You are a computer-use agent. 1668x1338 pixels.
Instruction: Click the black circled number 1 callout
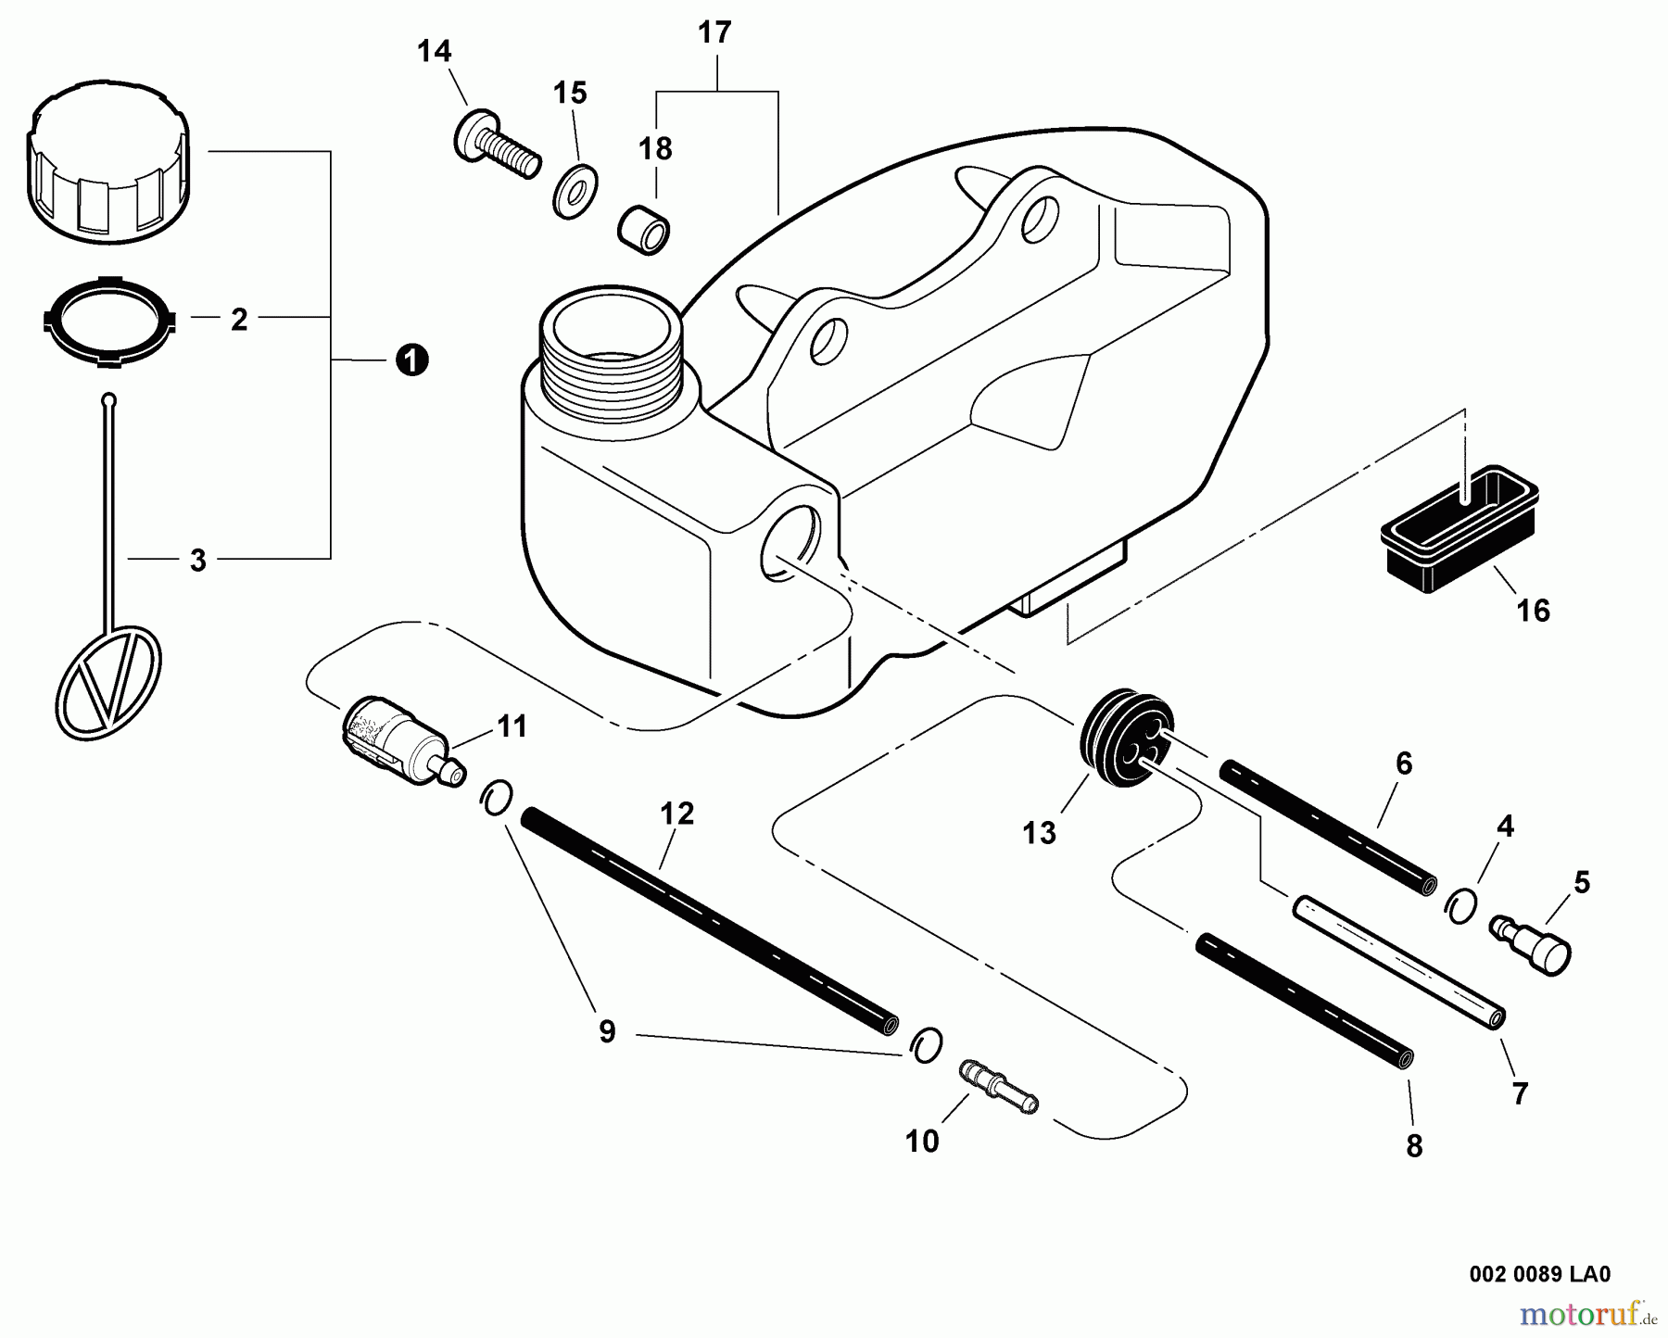pos(411,360)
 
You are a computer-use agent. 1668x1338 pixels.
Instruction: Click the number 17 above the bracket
pos(714,33)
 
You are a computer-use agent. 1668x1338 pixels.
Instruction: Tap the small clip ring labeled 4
pos(1459,904)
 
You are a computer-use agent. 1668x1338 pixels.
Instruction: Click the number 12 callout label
pos(677,814)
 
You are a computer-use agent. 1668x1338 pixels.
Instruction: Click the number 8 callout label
pos(1414,1146)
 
